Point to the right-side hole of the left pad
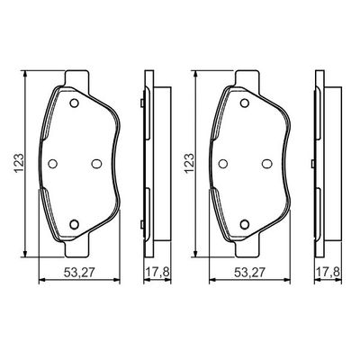[96, 163]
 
